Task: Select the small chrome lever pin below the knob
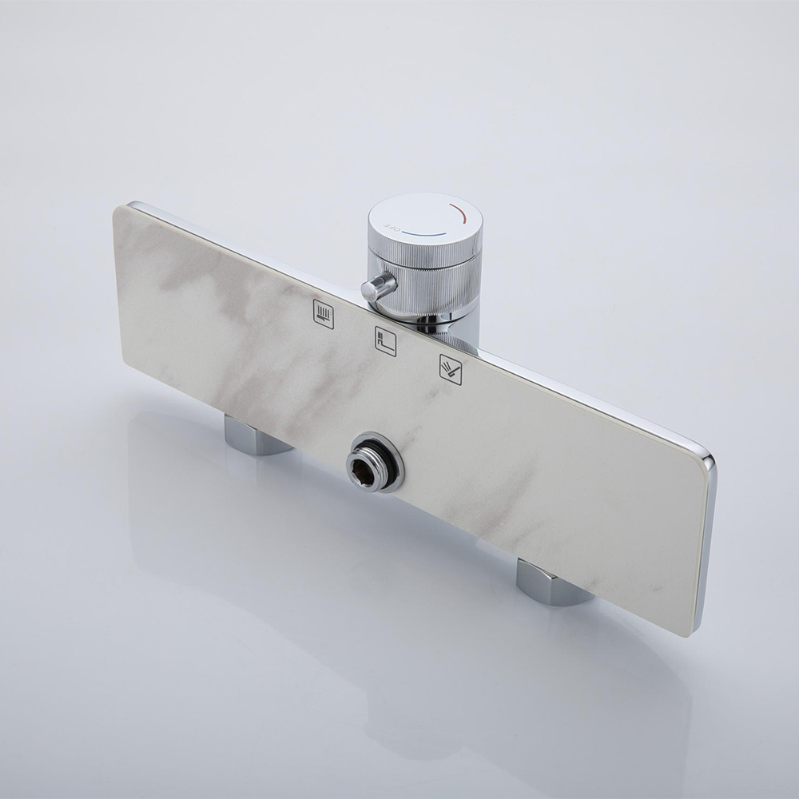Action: [377, 286]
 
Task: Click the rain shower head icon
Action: [324, 310]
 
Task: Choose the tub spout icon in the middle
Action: [386, 338]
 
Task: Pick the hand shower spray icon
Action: [451, 367]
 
